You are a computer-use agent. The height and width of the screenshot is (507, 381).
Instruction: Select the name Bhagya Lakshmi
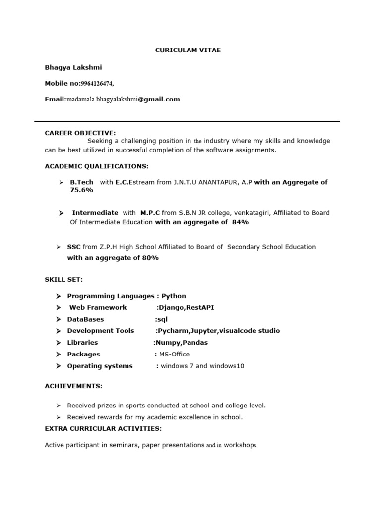73,67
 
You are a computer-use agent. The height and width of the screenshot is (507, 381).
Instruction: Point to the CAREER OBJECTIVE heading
80,133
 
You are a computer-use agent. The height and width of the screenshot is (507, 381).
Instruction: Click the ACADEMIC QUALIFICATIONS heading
97,166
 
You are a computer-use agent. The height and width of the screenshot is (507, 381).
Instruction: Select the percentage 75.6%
81,190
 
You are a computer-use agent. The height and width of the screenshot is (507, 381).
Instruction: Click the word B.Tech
81,182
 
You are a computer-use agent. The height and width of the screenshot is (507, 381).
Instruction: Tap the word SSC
74,247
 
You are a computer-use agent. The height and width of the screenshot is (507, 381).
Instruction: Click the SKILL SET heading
64,280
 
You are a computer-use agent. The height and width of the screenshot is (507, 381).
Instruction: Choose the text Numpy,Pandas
181,343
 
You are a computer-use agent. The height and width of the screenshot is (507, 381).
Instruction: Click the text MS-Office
174,355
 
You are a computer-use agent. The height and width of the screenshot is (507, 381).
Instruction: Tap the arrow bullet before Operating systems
58,366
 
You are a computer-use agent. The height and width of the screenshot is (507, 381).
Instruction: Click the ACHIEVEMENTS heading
74,386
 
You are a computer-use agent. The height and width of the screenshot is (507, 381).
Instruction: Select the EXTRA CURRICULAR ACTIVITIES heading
103,428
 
